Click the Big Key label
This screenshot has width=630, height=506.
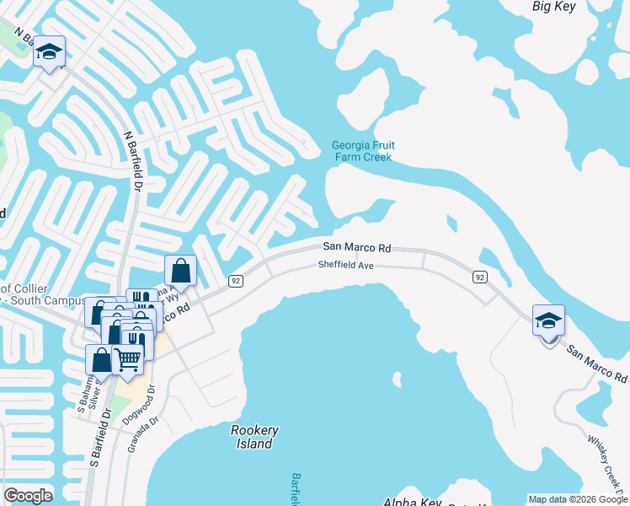(x=553, y=6)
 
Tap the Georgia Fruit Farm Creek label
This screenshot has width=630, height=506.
(x=363, y=151)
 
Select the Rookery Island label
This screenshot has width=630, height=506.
(x=254, y=437)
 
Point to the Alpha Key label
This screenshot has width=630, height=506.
(x=412, y=502)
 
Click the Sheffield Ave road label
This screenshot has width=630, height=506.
(x=345, y=265)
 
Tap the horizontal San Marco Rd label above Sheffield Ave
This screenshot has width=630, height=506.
(x=358, y=248)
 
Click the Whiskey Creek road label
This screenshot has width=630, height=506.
(x=603, y=460)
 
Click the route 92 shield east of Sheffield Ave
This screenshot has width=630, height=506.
(x=479, y=277)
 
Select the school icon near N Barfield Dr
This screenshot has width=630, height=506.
(x=50, y=51)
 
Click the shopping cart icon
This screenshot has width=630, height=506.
(x=128, y=358)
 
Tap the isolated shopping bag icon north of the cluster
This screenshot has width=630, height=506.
(x=180, y=271)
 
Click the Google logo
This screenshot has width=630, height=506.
(x=28, y=496)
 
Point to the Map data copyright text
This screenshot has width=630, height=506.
(x=578, y=499)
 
